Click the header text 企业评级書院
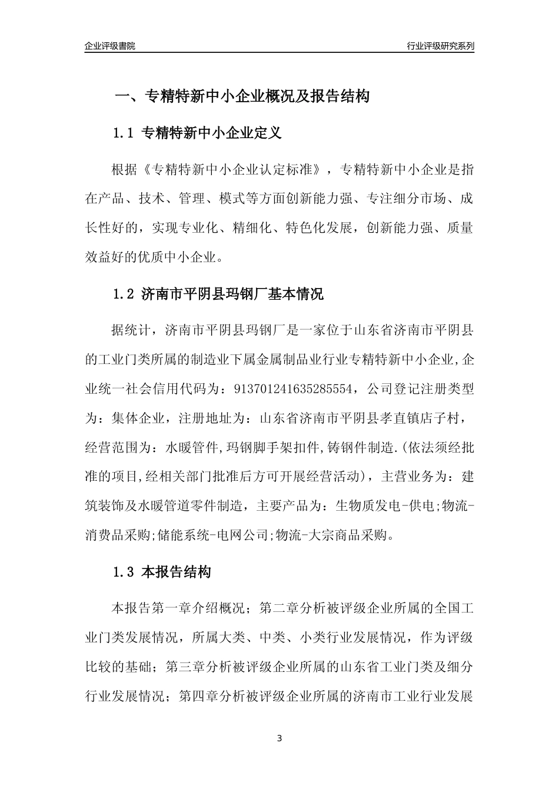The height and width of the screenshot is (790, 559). click(110, 46)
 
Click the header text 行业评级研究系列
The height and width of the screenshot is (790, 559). click(440, 46)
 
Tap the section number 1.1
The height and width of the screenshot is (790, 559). click(124, 133)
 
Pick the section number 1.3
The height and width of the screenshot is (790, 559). click(124, 572)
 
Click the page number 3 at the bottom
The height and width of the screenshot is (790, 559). click(279, 738)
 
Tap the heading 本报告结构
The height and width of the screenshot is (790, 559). click(176, 572)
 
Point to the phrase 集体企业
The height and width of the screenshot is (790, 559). click(138, 418)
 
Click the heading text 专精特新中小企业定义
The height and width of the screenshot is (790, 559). click(212, 133)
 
